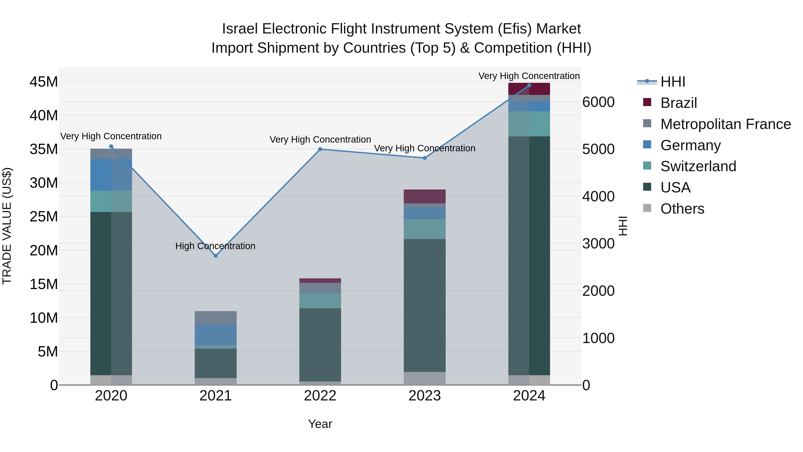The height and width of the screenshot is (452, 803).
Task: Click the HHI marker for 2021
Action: click(x=215, y=256)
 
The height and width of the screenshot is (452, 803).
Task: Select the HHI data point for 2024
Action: click(x=529, y=85)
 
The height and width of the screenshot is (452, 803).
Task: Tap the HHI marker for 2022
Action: click(x=320, y=149)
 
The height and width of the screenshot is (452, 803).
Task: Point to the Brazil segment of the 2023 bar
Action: click(x=424, y=196)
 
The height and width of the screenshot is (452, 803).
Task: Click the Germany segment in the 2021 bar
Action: click(x=215, y=335)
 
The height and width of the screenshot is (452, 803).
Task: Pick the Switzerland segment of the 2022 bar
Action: click(x=320, y=301)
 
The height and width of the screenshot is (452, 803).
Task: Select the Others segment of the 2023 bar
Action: click(x=424, y=378)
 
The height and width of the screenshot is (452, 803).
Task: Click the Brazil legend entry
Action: click(x=678, y=103)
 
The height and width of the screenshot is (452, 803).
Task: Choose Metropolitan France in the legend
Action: click(x=725, y=124)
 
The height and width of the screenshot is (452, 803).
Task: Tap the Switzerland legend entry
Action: click(x=698, y=166)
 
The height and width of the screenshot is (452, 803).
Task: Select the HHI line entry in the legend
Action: click(x=672, y=82)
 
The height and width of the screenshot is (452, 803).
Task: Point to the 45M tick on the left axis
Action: click(x=44, y=82)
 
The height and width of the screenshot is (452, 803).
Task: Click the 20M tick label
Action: click(x=44, y=250)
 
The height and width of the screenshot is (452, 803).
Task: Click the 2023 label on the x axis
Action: click(x=424, y=396)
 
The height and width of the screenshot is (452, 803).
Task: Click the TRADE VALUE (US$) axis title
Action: click(x=7, y=226)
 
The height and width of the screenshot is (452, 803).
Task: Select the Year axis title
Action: click(x=320, y=424)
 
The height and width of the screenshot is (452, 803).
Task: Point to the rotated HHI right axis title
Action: click(x=623, y=226)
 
